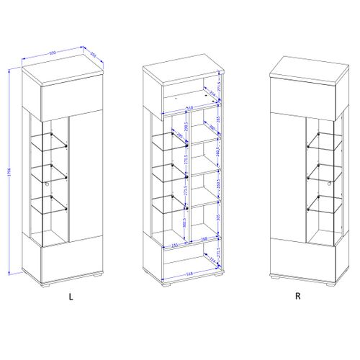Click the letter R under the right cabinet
[x=297, y=296]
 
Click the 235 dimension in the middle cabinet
[x=175, y=245]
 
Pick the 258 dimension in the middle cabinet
[x=204, y=240]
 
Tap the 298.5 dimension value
[x=185, y=127]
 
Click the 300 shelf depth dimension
[x=212, y=128]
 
